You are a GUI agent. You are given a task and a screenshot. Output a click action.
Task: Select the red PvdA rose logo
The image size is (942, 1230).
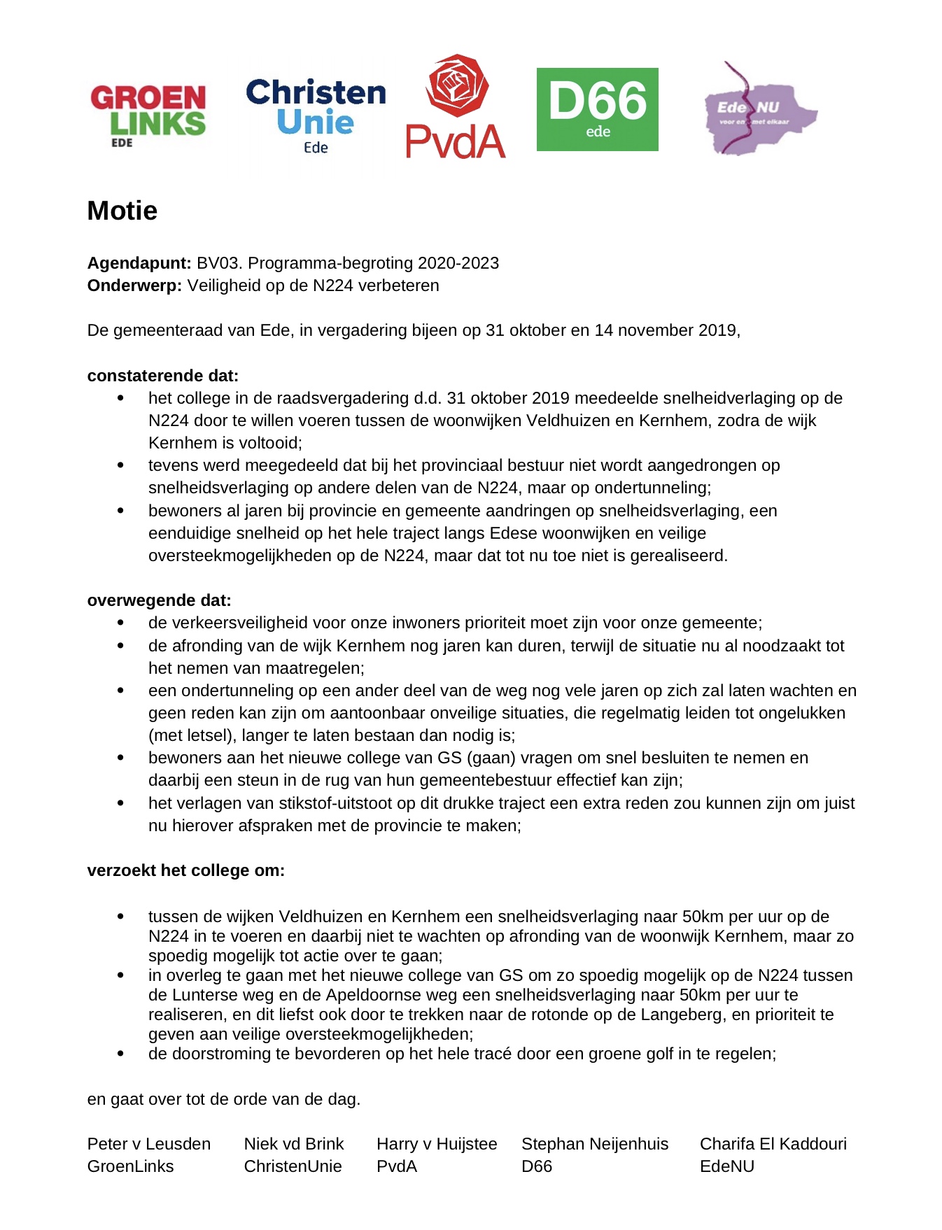point(456,106)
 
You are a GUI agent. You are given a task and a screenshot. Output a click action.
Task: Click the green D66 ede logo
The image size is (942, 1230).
point(597,109)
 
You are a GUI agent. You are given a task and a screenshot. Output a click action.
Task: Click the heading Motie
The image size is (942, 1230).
point(122,211)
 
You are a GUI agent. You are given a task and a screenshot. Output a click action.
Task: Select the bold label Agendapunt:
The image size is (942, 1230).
point(139,263)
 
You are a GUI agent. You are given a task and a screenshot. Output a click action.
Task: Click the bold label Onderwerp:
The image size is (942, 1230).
point(134,285)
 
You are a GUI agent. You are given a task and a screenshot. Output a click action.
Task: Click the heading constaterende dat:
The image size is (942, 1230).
point(163,376)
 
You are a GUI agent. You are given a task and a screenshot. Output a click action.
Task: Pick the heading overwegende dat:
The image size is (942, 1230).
point(159,600)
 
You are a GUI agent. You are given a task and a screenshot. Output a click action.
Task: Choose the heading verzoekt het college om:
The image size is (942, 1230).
point(185,870)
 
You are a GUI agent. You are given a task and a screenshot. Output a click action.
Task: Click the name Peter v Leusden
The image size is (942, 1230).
point(148,1144)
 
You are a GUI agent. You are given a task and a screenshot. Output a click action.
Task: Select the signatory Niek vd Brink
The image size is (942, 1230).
point(294,1144)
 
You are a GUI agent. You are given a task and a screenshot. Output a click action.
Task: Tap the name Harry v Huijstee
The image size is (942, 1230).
point(437,1144)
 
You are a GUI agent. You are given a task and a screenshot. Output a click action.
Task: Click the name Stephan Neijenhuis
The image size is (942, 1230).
point(595,1144)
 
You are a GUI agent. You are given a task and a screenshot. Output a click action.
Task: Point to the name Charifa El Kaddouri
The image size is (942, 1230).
point(773,1144)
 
